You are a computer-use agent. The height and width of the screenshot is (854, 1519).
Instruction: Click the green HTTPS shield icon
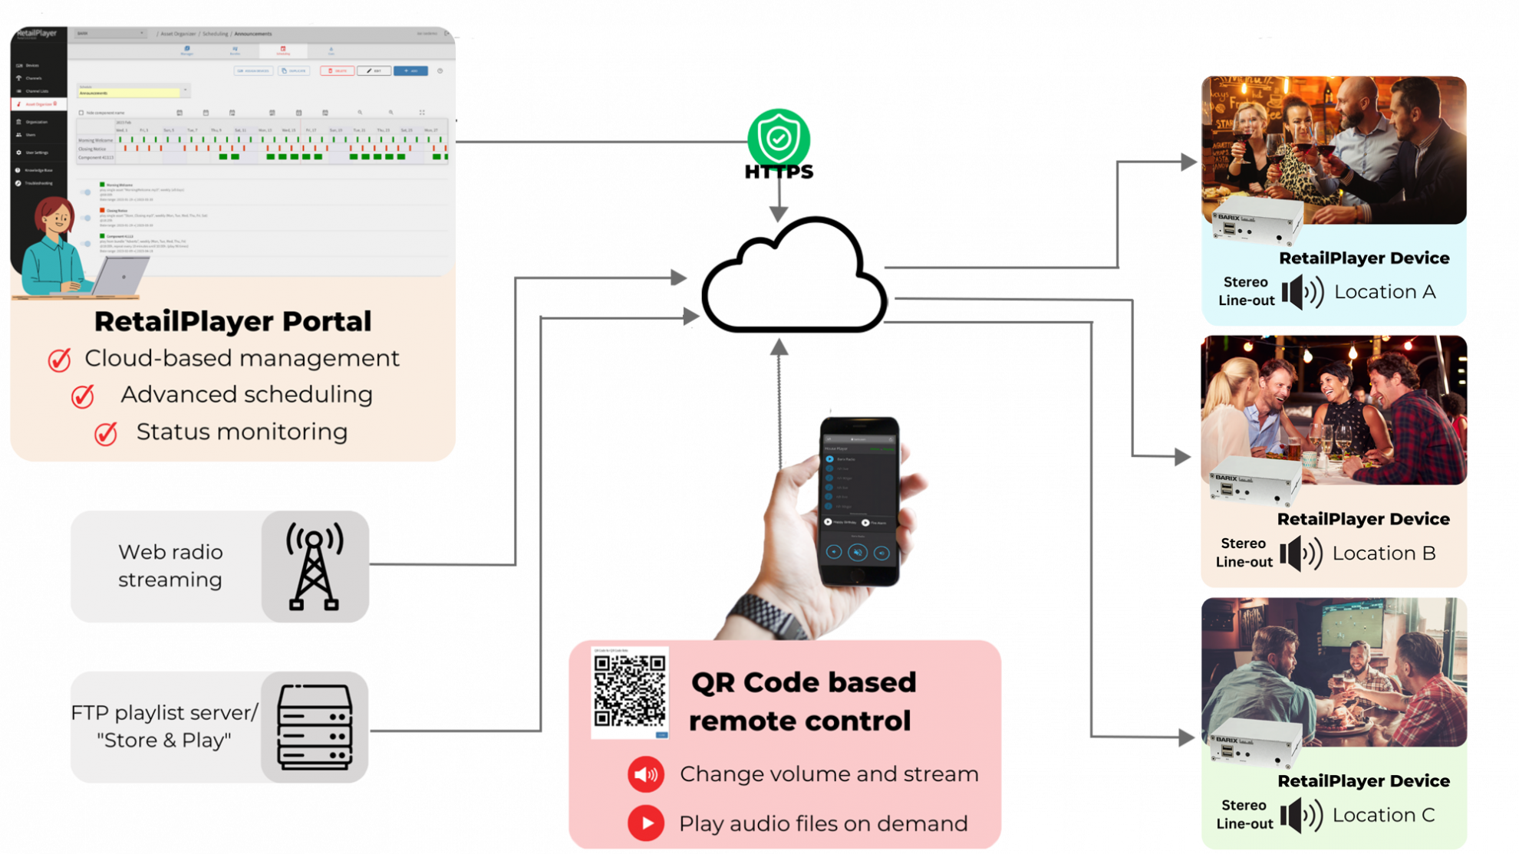(779, 139)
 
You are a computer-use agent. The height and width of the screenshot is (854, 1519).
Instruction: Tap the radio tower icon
(314, 566)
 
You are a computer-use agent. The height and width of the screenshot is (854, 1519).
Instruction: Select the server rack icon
(315, 727)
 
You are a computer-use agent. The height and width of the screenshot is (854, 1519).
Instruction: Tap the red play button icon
(646, 823)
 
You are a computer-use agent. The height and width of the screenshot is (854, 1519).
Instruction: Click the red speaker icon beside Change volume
(646, 774)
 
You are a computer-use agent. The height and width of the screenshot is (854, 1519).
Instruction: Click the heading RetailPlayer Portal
(232, 321)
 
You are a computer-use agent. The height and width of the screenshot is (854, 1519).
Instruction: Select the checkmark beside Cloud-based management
(60, 360)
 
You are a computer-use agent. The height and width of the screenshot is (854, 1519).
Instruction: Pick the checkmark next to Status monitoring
(106, 434)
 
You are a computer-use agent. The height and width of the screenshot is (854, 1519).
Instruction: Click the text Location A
(1385, 292)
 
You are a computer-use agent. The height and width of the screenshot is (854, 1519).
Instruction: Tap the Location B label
(1384, 553)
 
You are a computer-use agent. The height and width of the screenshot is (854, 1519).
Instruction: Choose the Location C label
(1383, 815)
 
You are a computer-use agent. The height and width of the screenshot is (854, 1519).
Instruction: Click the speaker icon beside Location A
(1303, 292)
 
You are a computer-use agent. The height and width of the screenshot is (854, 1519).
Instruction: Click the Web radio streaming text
(170, 566)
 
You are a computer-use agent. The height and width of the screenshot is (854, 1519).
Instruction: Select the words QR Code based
(803, 682)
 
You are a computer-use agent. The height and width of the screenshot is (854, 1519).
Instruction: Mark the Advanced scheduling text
(246, 395)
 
